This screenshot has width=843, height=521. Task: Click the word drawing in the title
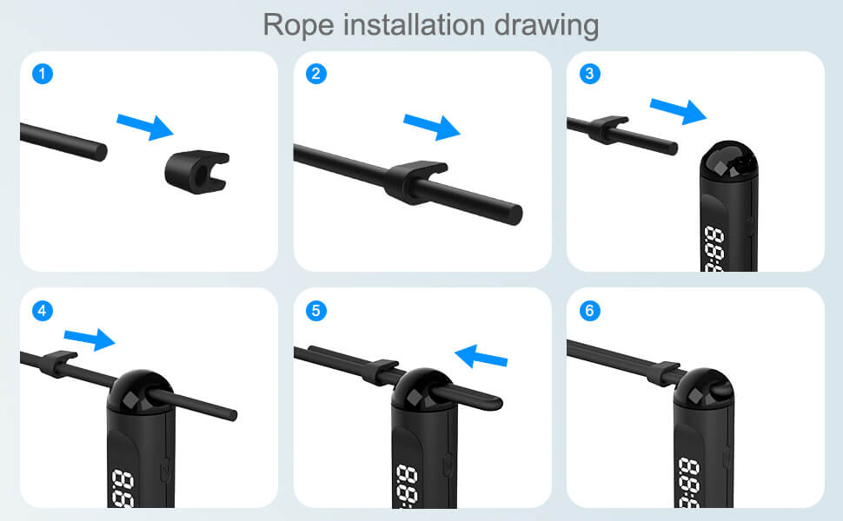(548, 25)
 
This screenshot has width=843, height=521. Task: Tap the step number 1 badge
(42, 74)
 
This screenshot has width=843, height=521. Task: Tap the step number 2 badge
(316, 74)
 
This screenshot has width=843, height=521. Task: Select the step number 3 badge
(590, 74)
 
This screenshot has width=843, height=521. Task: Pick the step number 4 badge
(42, 310)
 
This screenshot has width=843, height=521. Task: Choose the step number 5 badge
(316, 310)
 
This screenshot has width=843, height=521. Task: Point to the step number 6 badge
(590, 310)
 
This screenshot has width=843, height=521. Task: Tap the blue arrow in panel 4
(90, 339)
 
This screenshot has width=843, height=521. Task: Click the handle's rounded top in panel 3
(729, 162)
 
